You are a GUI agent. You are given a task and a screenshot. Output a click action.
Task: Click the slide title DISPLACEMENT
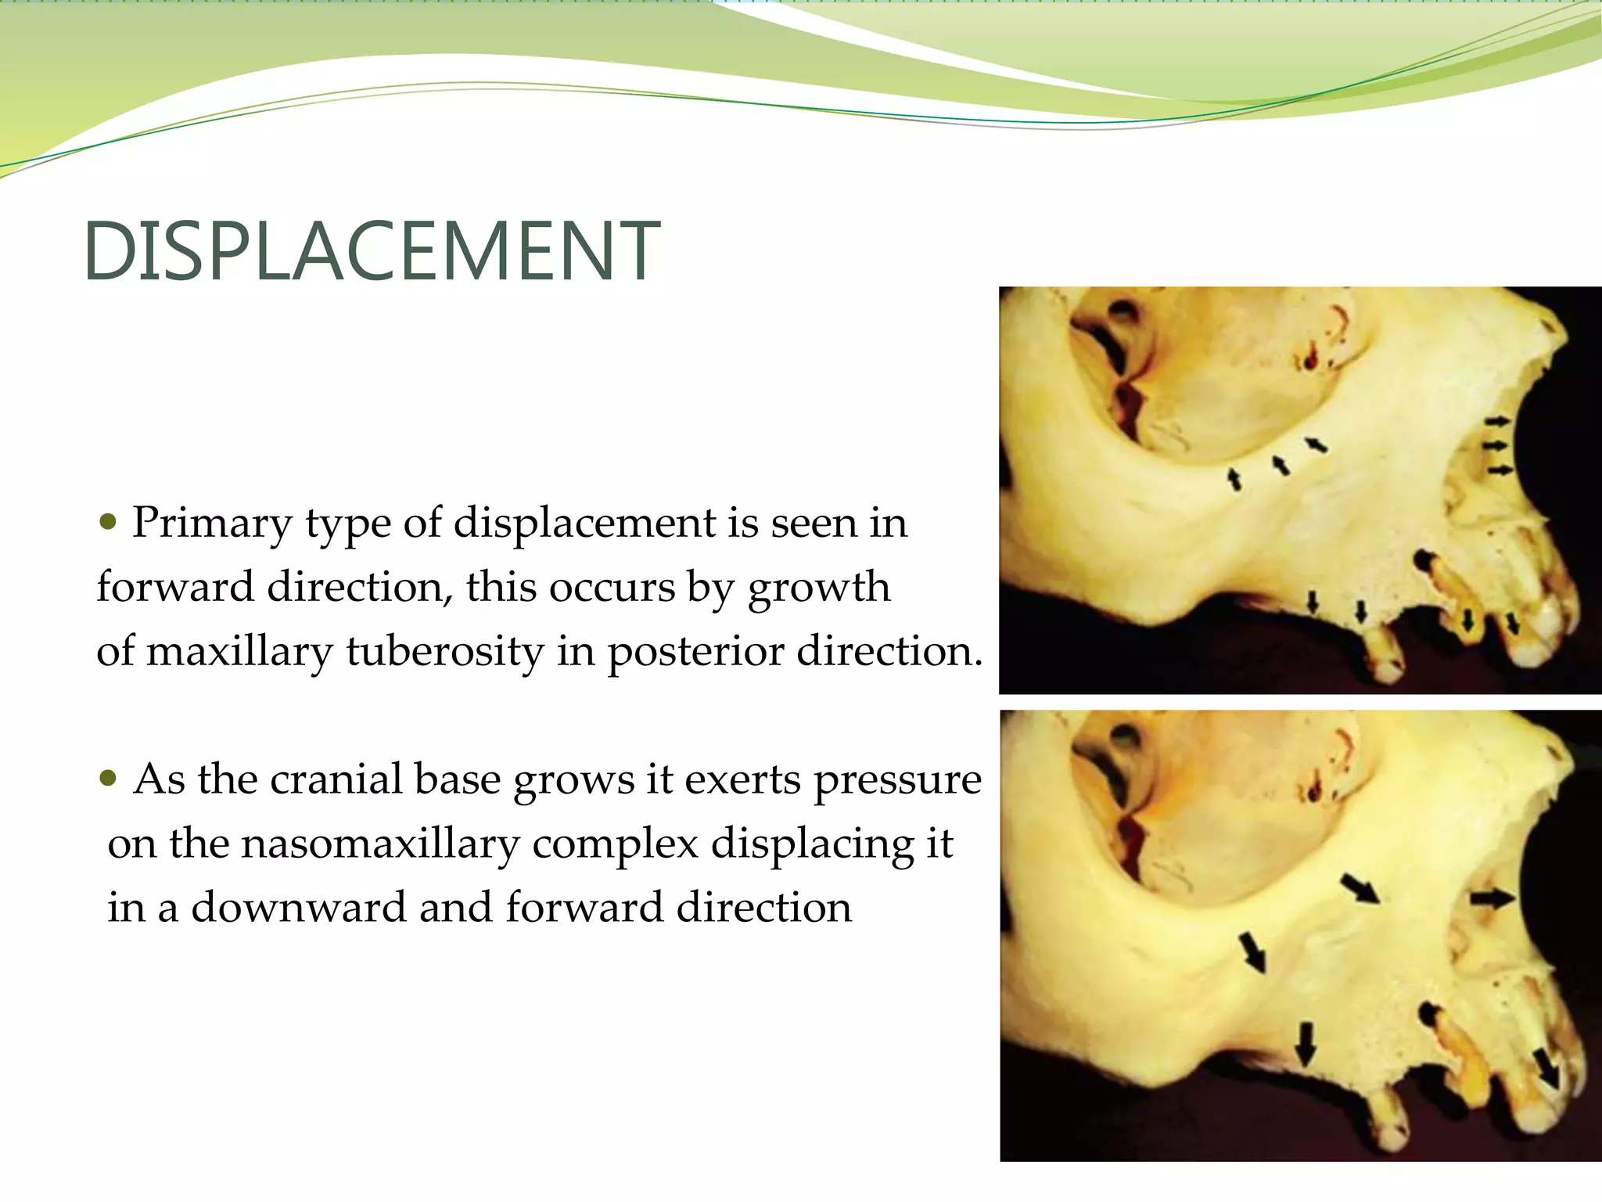pos(372,251)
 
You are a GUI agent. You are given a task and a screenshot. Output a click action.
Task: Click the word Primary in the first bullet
pos(211,523)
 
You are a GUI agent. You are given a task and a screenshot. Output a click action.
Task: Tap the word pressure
pos(897,781)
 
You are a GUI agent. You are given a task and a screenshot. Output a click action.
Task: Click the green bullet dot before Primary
pos(109,520)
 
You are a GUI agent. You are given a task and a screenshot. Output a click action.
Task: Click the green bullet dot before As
pos(109,778)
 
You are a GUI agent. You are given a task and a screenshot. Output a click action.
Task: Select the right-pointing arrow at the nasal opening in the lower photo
pos(1492,898)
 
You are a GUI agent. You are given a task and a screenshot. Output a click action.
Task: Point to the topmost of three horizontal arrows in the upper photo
pos(1498,421)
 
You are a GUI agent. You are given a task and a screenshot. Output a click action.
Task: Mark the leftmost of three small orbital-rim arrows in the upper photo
pos(1234,478)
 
